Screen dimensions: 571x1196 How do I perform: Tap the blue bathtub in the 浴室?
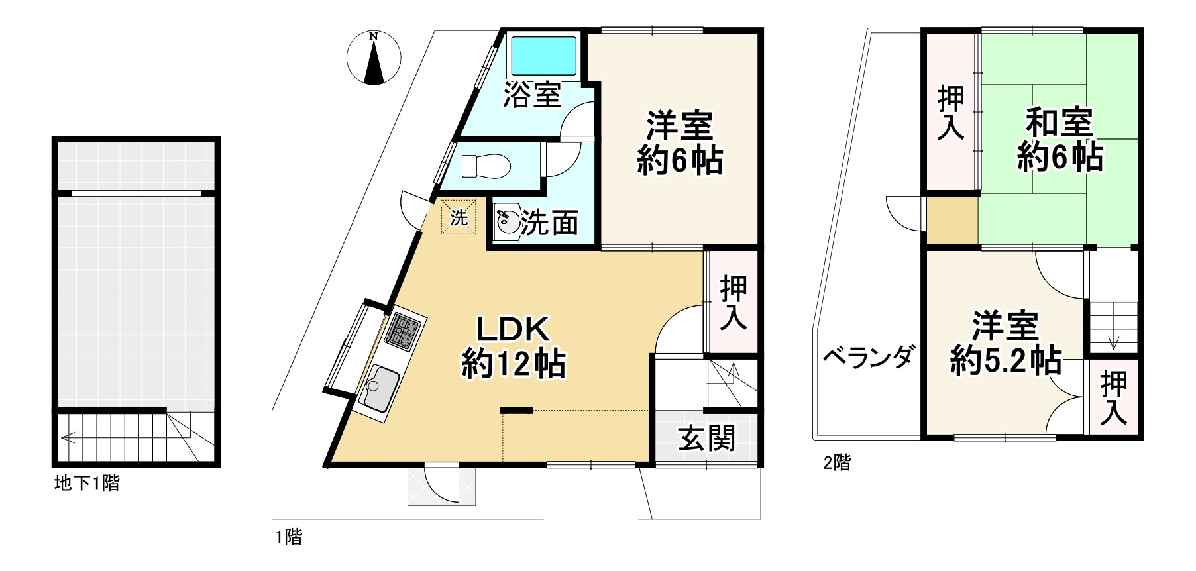click(543, 56)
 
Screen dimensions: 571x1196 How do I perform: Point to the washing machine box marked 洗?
click(459, 217)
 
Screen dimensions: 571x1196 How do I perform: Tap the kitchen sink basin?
click(380, 386)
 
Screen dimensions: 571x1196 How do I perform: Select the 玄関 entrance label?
click(707, 438)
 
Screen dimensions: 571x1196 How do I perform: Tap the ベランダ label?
click(869, 357)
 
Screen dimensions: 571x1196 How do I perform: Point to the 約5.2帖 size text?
click(1005, 362)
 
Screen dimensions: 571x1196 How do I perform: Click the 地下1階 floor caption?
click(87, 483)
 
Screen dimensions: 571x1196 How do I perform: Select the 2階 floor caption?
click(837, 462)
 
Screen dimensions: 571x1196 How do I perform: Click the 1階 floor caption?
click(289, 537)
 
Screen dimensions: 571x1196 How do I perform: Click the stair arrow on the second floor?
click(1113, 341)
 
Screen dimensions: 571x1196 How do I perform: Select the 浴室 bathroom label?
click(532, 95)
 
